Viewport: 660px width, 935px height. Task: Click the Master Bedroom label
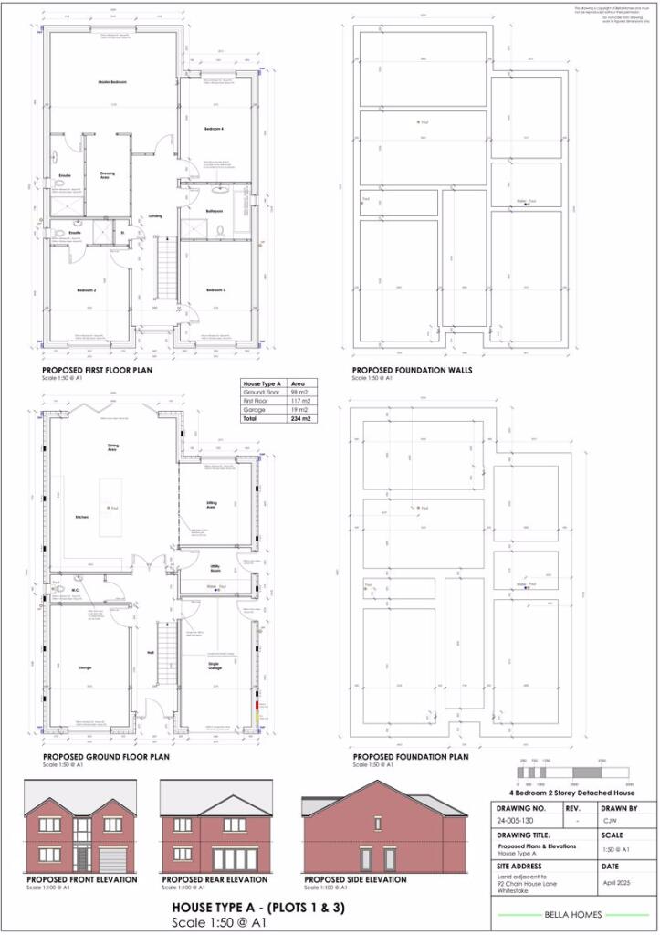pyautogui.click(x=111, y=82)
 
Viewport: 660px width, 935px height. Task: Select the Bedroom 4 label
pyautogui.click(x=215, y=130)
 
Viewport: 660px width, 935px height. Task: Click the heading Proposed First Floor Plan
pyautogui.click(x=98, y=371)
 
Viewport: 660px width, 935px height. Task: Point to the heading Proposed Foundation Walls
pyautogui.click(x=400, y=371)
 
